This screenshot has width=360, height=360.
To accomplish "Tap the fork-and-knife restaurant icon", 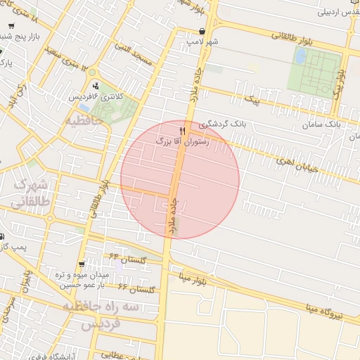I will tap(183, 131).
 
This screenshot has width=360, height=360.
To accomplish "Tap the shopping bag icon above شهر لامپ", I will tap(202, 32).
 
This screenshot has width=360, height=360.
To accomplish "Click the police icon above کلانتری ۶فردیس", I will tap(96, 86).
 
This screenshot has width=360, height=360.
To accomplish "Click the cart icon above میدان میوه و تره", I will tap(82, 265).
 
